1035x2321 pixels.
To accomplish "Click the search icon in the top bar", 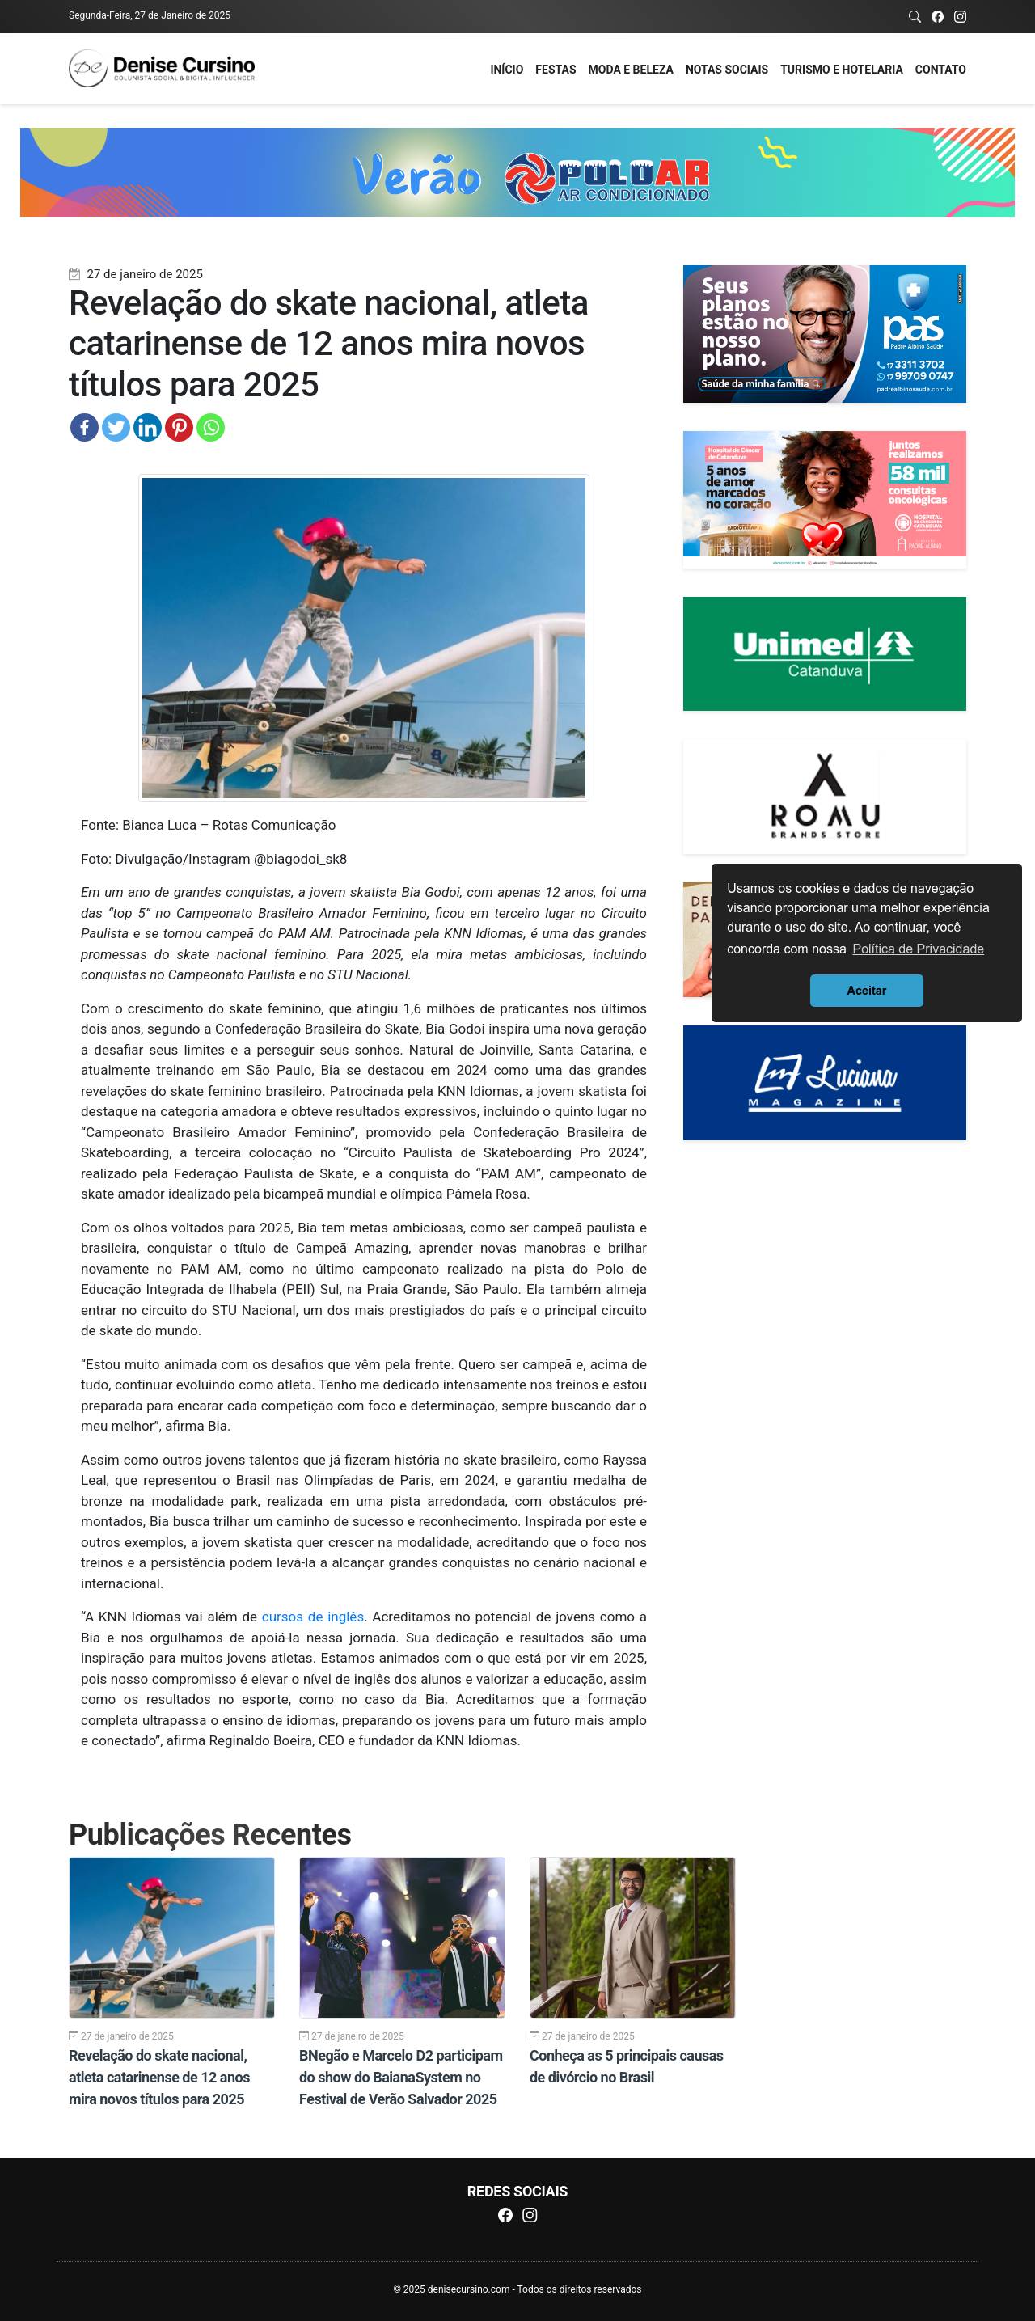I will click(x=915, y=16).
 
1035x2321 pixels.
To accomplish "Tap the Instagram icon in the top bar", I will click(x=961, y=16).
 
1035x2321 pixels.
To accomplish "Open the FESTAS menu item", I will click(x=555, y=70).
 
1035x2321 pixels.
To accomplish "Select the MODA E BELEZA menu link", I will click(x=630, y=70).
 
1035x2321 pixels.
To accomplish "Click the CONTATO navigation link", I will click(x=940, y=70).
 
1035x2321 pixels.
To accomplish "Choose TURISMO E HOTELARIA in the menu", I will click(x=840, y=70).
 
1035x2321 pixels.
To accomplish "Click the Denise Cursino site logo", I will click(x=163, y=68).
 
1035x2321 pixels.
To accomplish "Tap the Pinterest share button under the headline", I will click(x=179, y=427).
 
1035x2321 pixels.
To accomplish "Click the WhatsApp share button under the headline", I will click(x=210, y=427).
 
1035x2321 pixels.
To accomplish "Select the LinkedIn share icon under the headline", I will click(x=147, y=427).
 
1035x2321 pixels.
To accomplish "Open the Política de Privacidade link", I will click(x=917, y=949).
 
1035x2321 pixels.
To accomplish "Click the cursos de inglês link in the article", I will click(x=313, y=1617).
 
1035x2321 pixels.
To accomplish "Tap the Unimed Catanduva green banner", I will click(x=824, y=653).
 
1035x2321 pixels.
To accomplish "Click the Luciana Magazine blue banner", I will click(x=824, y=1082).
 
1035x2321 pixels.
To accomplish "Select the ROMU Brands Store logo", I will click(x=824, y=797).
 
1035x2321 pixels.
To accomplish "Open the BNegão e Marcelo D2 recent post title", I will click(x=401, y=2077).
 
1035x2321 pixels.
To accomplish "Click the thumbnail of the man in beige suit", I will click(x=632, y=1937).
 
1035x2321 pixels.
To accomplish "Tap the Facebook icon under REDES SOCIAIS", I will click(x=505, y=2215).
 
